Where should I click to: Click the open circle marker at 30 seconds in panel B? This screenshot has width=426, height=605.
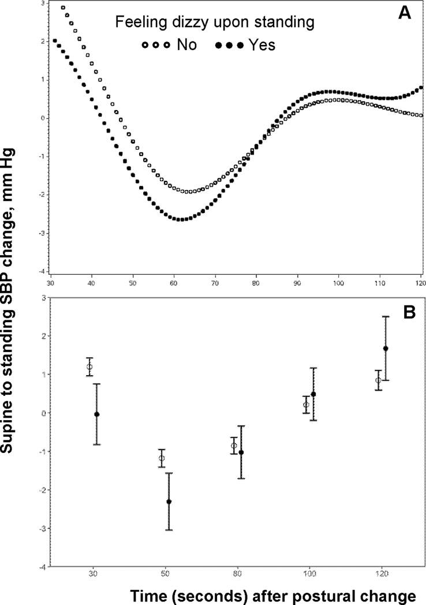[89, 367]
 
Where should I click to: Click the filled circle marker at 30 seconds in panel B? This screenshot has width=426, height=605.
[96, 414]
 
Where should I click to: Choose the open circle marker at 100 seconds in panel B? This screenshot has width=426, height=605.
[306, 405]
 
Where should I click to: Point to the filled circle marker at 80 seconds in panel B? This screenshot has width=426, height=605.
[241, 452]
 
